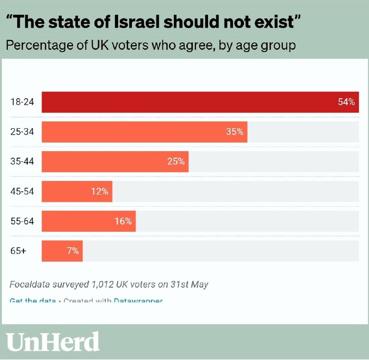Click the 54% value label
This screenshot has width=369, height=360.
click(346, 102)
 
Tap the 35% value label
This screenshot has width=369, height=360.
click(234, 132)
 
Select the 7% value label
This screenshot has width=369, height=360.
click(72, 251)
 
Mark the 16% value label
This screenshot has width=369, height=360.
click(123, 221)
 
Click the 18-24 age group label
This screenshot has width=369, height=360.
click(22, 102)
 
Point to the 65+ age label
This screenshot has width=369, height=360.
click(18, 251)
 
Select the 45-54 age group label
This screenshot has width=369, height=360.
click(22, 191)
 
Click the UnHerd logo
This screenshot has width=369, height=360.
click(53, 342)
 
